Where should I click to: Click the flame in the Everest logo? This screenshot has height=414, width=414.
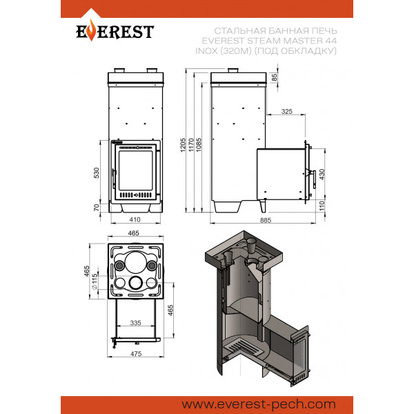(x=91, y=30)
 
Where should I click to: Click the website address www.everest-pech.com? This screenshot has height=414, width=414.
(x=259, y=404)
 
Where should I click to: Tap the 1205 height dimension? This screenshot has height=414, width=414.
(x=183, y=145)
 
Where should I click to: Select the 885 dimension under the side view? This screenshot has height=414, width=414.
(x=266, y=220)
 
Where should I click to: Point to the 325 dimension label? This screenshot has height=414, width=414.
(x=287, y=111)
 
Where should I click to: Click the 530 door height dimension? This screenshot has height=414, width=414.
(x=97, y=173)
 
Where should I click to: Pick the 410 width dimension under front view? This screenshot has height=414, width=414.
(x=135, y=219)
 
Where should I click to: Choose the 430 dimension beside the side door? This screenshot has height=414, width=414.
(x=322, y=175)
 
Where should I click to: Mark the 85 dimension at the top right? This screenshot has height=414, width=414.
(x=275, y=77)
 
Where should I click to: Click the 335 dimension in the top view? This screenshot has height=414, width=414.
(x=135, y=323)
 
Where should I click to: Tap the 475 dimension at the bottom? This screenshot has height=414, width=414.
(x=136, y=353)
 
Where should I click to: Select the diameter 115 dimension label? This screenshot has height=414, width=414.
(x=95, y=282)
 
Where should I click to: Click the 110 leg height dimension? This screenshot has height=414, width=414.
(x=322, y=206)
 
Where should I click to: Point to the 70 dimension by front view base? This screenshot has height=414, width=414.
(x=97, y=208)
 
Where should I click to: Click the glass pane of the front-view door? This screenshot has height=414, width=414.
(x=136, y=170)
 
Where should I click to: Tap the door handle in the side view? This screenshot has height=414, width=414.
(x=314, y=179)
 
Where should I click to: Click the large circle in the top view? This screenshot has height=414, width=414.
(x=136, y=263)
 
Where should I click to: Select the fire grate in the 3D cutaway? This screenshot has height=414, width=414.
(x=244, y=347)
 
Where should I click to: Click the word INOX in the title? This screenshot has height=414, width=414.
(x=207, y=50)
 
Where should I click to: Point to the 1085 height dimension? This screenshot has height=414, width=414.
(x=199, y=145)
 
